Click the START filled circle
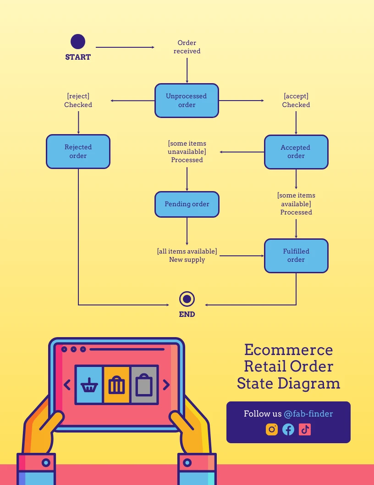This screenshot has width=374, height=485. (78, 42)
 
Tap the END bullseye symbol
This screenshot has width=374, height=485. (187, 299)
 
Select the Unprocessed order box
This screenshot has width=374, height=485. (187, 101)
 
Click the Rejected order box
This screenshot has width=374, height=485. (78, 152)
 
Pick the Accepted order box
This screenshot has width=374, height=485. (296, 152)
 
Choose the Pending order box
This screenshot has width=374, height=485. (187, 204)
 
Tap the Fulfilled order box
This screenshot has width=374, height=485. (296, 255)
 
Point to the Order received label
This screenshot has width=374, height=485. (187, 47)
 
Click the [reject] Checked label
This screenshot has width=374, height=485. (78, 101)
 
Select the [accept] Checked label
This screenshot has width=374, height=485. (296, 101)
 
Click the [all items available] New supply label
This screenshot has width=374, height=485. (187, 255)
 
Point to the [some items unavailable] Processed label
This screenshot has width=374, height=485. (187, 152)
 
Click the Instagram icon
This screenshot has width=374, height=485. (272, 429)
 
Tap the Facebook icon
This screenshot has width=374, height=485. (288, 429)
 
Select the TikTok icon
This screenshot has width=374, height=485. (305, 429)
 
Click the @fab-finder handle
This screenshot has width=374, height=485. (308, 414)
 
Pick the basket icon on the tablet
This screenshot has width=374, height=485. (89, 385)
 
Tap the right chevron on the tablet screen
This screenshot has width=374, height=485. (166, 385)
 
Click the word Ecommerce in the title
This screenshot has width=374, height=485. (288, 350)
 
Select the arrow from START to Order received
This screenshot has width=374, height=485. (125, 47)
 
